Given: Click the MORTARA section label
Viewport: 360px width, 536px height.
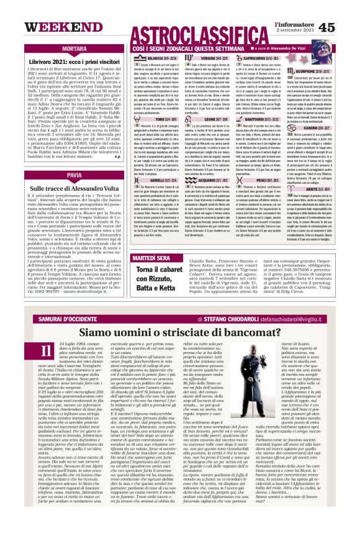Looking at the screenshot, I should (74, 48).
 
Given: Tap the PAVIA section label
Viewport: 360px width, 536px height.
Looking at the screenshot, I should (74, 176).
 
